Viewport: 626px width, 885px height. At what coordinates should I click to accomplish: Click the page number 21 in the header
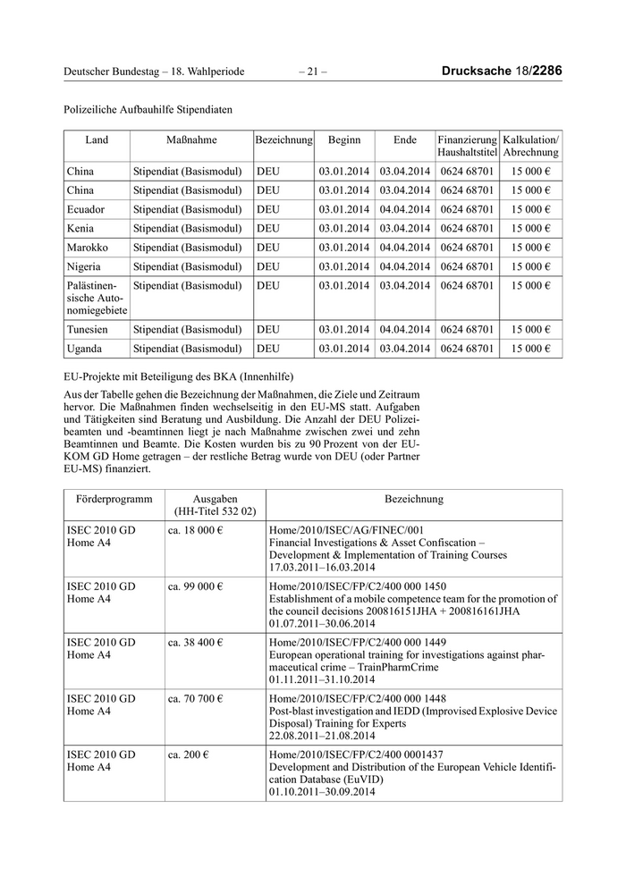(x=313, y=71)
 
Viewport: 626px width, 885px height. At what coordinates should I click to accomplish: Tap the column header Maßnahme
(x=191, y=140)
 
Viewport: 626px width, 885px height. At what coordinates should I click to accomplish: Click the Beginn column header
(x=344, y=140)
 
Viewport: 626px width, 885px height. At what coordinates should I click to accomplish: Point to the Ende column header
(x=405, y=140)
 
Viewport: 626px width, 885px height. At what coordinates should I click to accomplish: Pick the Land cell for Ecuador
(x=86, y=209)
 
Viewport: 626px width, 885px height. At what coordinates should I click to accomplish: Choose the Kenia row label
(x=81, y=228)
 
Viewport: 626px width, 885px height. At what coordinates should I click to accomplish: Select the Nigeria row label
(x=84, y=266)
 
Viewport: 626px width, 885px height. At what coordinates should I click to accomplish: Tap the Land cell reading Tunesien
(x=89, y=329)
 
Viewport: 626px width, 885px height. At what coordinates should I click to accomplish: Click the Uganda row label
(x=85, y=348)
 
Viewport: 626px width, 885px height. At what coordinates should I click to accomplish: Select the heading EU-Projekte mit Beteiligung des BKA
(x=179, y=375)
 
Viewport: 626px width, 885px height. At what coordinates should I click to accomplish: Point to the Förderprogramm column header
(x=109, y=499)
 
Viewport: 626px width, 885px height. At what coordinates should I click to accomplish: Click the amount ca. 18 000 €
(x=196, y=530)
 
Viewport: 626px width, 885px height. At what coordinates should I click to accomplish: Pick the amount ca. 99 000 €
(x=196, y=586)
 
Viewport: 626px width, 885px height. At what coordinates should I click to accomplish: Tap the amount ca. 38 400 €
(x=196, y=642)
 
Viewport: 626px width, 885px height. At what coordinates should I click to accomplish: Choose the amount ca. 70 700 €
(x=196, y=698)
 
